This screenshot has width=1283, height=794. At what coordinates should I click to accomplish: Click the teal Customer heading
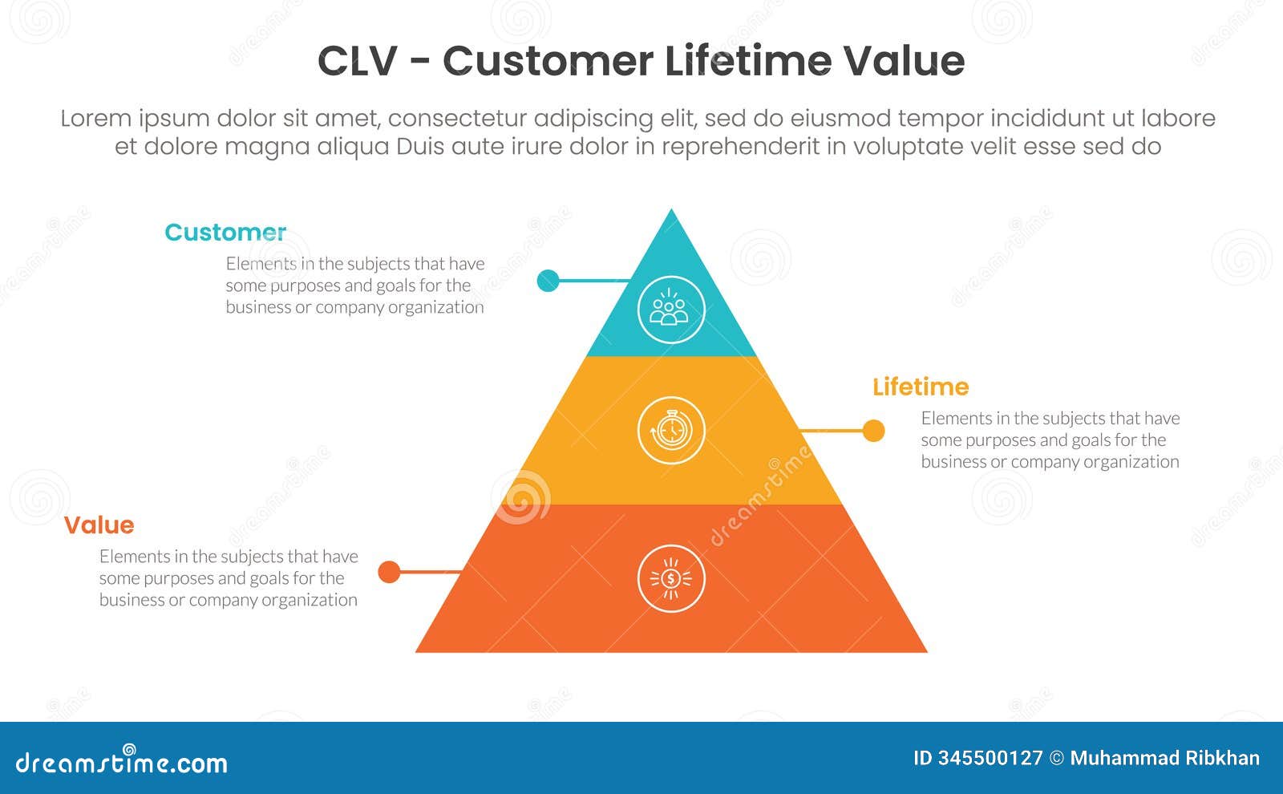pyautogui.click(x=225, y=233)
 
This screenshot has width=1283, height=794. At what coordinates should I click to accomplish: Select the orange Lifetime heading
pyautogui.click(x=921, y=387)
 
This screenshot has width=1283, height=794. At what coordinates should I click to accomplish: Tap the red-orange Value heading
pyautogui.click(x=99, y=525)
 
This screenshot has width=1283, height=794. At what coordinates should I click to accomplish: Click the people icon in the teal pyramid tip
pyautogui.click(x=671, y=310)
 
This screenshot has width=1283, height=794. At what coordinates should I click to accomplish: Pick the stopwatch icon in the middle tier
pyautogui.click(x=671, y=431)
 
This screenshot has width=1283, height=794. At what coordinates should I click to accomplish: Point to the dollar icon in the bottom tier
pyautogui.click(x=671, y=578)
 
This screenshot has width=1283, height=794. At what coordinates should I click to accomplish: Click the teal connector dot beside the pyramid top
pyautogui.click(x=548, y=281)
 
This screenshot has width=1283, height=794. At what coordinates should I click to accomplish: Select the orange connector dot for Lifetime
pyautogui.click(x=873, y=431)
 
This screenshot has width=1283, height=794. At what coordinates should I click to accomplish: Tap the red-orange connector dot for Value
pyautogui.click(x=389, y=572)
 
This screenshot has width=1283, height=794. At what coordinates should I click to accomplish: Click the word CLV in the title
pyautogui.click(x=357, y=62)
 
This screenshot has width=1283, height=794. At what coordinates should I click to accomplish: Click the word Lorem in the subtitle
pyautogui.click(x=95, y=119)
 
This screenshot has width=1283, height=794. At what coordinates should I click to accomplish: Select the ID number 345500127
pyautogui.click(x=990, y=759)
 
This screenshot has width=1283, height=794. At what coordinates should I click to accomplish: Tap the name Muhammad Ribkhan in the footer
pyautogui.click(x=1164, y=759)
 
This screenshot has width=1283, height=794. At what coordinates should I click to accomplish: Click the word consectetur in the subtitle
pyautogui.click(x=456, y=119)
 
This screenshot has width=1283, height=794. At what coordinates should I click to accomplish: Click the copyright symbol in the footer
pyautogui.click(x=1057, y=759)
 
